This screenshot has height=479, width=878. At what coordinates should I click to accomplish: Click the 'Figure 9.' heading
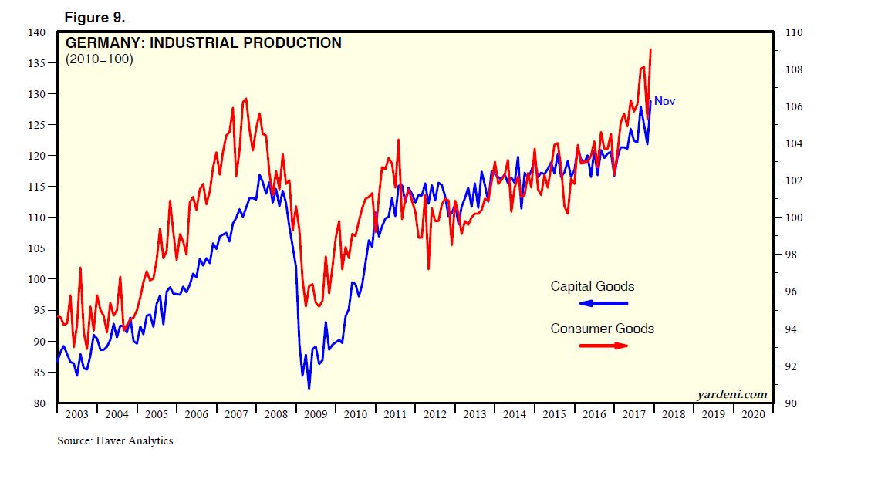coord(93,16)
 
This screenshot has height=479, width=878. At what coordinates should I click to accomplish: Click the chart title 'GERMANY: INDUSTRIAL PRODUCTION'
coord(204,43)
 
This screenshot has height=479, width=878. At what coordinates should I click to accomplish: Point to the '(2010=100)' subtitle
coord(100,59)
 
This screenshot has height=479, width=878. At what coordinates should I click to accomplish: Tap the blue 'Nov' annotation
coord(664,101)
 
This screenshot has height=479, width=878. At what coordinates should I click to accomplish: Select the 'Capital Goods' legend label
coord(592,286)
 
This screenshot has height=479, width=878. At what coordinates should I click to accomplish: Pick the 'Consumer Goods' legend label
coord(602,329)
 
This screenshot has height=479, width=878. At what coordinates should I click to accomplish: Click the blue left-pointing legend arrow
coord(603,303)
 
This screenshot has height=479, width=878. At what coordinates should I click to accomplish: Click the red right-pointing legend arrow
coord(603,346)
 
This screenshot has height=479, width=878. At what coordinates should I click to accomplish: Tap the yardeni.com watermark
coord(732,395)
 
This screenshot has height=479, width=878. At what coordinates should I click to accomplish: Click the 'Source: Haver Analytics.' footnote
coord(117,441)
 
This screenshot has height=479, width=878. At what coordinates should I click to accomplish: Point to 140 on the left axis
coord(36,32)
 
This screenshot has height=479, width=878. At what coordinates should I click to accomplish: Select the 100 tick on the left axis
coord(36,279)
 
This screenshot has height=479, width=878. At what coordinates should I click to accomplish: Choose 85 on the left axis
coord(39,372)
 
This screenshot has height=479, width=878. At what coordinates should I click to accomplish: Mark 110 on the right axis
coord(794,32)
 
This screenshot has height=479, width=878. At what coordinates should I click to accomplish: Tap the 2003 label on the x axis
coord(76,414)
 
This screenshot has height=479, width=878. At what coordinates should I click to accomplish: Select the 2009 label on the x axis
coord(316,414)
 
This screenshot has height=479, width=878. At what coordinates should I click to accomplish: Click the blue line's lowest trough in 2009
coord(309,388)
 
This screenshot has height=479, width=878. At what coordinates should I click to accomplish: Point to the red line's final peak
coord(651,49)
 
